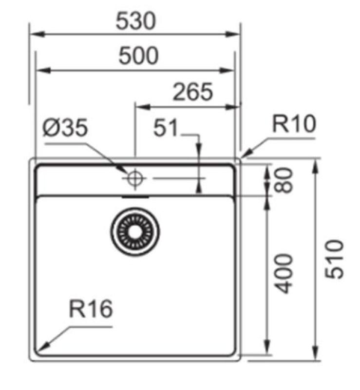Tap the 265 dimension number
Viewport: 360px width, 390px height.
(x=193, y=92)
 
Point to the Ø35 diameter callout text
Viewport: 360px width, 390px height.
(x=65, y=129)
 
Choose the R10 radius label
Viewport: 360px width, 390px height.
(x=294, y=125)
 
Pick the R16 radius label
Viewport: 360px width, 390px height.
(x=91, y=309)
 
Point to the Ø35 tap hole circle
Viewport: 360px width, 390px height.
(x=135, y=178)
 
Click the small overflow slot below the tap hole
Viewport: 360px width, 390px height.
(x=135, y=197)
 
